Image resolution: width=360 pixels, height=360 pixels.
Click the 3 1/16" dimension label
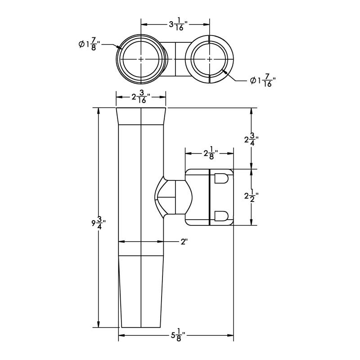click(x=178, y=24)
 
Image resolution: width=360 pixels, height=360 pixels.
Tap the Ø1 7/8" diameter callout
click(x=90, y=44)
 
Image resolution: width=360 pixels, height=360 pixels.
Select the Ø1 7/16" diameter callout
click(x=263, y=81)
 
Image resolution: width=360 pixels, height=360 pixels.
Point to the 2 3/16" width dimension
click(x=141, y=97)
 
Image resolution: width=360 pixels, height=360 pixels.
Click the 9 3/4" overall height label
click(x=99, y=223)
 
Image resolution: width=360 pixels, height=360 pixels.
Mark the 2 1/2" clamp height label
click(x=252, y=196)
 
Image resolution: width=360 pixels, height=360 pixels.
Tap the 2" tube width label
click(x=184, y=242)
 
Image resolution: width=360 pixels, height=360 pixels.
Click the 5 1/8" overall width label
click(x=178, y=335)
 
